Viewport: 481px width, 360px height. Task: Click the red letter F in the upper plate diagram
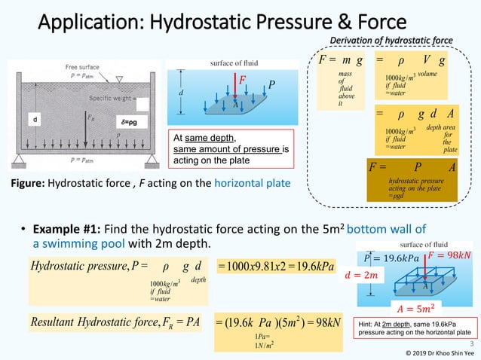pos(242,78)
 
